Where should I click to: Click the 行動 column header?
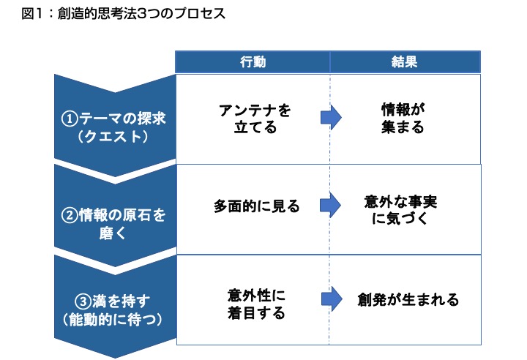pyautogui.click(x=253, y=62)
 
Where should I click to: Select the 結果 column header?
pyautogui.click(x=404, y=62)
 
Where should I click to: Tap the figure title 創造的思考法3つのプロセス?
pyautogui.click(x=141, y=13)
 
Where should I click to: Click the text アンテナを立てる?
pyautogui.click(x=255, y=119)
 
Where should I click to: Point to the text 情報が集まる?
pyautogui.click(x=403, y=118)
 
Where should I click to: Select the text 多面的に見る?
pyautogui.click(x=256, y=206)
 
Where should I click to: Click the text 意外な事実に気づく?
pyautogui.click(x=400, y=210)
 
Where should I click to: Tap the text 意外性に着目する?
pyautogui.click(x=256, y=304)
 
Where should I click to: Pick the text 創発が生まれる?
pyautogui.click(x=408, y=299)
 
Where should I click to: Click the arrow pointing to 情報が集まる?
pyautogui.click(x=331, y=118)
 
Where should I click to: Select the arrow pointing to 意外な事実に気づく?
pyautogui.click(x=330, y=205)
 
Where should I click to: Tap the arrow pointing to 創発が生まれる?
pyautogui.click(x=332, y=299)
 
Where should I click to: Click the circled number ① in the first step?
pyautogui.click(x=70, y=119)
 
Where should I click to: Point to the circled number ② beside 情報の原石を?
pyautogui.click(x=70, y=215)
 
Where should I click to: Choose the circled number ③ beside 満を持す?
pyautogui.click(x=83, y=301)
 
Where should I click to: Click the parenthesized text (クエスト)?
pyautogui.click(x=113, y=137)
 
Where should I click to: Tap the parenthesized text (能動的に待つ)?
pyautogui.click(x=113, y=319)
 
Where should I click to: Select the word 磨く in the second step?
pyautogui.click(x=113, y=233)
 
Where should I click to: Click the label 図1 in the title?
pyautogui.click(x=32, y=13)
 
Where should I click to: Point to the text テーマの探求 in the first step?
pyautogui.click(x=122, y=119)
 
